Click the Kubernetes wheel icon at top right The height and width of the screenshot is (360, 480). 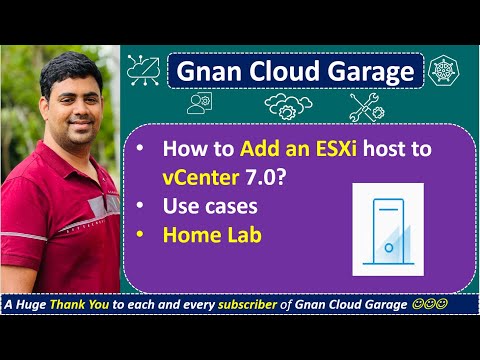pos(441,71)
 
